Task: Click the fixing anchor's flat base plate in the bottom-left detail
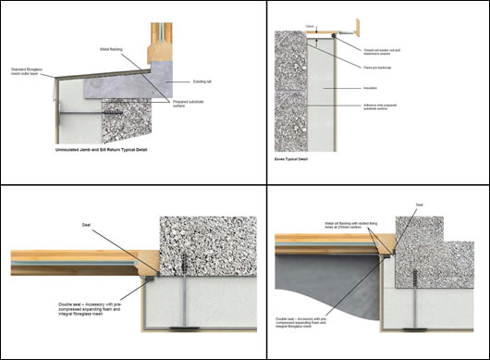188,323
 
